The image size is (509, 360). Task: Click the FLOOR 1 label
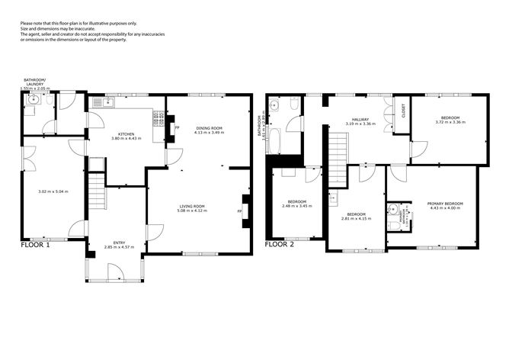click(35, 246)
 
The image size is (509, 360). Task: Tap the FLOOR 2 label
click(279, 246)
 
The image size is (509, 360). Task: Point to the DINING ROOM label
click(207, 128)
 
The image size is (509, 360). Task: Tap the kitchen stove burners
click(159, 119)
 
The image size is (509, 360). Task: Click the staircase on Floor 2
click(339, 149)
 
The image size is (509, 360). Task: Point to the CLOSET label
click(403, 112)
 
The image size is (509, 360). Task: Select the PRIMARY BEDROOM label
click(445, 203)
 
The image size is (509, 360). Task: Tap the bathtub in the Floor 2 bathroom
click(275, 140)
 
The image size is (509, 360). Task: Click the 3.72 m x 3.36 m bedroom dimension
click(450, 122)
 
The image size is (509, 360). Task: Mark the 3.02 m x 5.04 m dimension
click(53, 191)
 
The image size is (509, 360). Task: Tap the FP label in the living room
click(240, 211)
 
